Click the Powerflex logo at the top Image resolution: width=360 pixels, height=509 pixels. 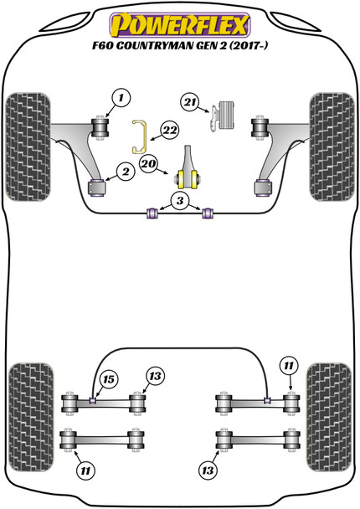pyautogui.click(x=180, y=19)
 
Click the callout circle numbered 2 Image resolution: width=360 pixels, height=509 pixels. pyautogui.click(x=125, y=172)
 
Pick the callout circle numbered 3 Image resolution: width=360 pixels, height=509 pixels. pyautogui.click(x=179, y=199)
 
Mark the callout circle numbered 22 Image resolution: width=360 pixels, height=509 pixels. pyautogui.click(x=170, y=130)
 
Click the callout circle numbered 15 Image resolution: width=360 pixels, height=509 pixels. pyautogui.click(x=106, y=381)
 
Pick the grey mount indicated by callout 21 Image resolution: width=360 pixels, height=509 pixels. pyautogui.click(x=223, y=114)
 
